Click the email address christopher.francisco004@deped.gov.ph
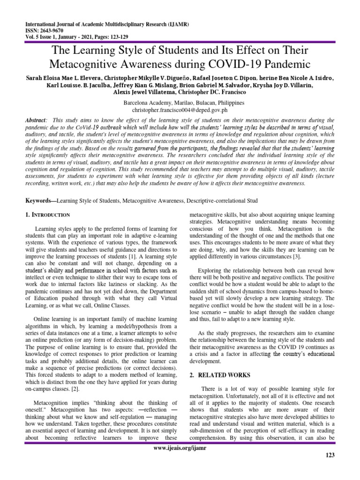[180, 109]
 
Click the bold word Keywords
[39, 201]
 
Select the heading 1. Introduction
[48, 215]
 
